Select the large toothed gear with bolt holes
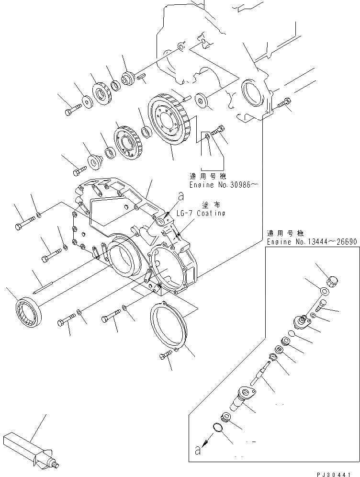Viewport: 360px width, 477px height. pyautogui.click(x=170, y=121)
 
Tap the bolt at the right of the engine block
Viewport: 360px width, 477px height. pyautogui.click(x=286, y=103)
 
